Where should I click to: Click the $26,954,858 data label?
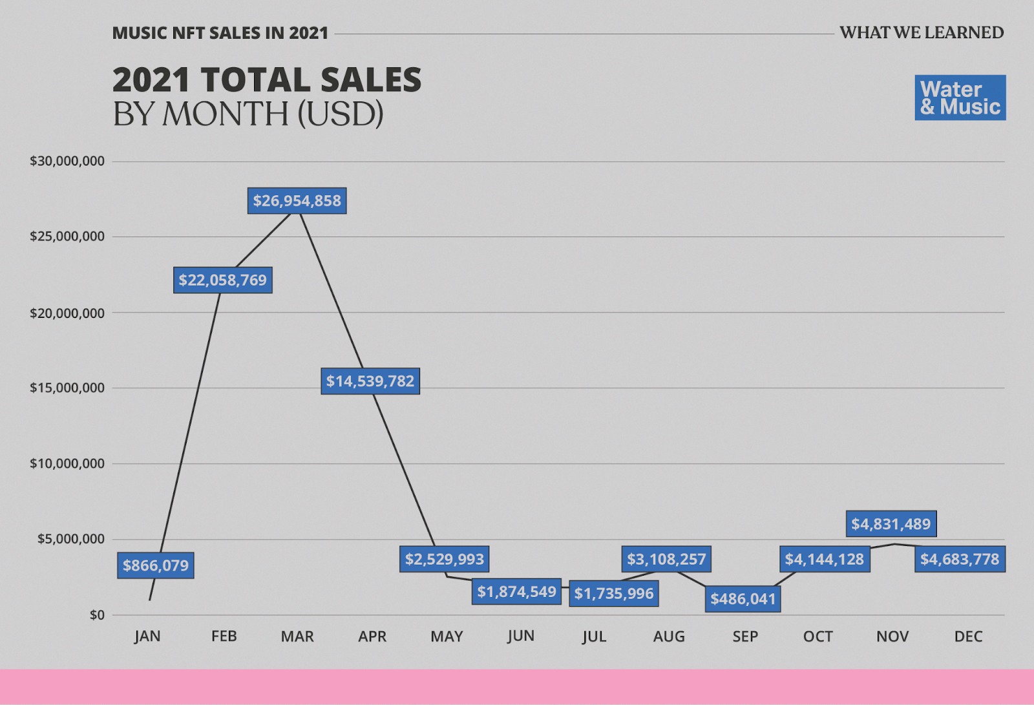click(297, 201)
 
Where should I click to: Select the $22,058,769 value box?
click(222, 280)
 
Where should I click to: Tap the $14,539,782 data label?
click(370, 381)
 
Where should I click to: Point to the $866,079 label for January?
click(156, 565)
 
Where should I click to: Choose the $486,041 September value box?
click(743, 599)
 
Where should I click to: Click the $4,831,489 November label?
click(891, 524)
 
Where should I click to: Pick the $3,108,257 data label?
click(666, 559)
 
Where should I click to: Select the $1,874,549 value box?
click(516, 592)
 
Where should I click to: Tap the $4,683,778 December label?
click(960, 559)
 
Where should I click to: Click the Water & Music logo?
click(960, 98)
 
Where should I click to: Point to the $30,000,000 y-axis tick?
click(67, 161)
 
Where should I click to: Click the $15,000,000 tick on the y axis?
click(67, 388)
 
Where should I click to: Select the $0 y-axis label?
click(97, 615)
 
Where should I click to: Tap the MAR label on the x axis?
click(297, 637)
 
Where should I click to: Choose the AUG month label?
click(669, 637)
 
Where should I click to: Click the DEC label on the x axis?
click(968, 637)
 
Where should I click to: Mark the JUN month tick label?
click(521, 637)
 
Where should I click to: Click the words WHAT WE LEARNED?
click(922, 33)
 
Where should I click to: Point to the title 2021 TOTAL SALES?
click(267, 80)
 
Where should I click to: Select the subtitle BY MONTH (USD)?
click(248, 114)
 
